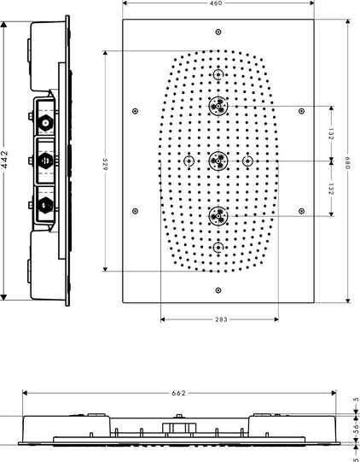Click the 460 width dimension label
217,3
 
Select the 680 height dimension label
348,162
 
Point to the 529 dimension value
105,164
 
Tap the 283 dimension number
221,319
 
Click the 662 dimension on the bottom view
178,393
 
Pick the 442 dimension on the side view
4,160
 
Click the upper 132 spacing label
331,134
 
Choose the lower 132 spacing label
331,189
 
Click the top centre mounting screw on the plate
218,32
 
